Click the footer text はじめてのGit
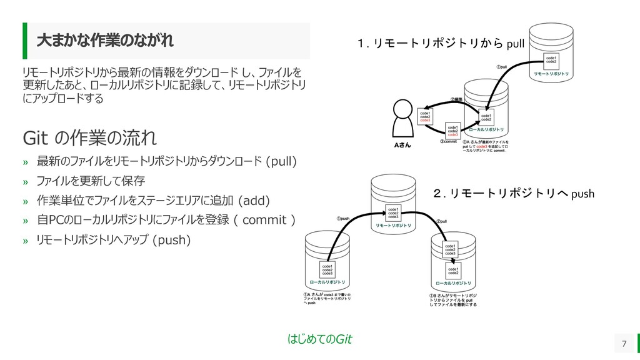(319, 339)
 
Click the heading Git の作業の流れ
(89, 136)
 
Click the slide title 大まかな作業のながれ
(105, 41)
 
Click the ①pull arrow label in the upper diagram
(501, 66)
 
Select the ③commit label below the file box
(451, 142)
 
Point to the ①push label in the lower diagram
(342, 219)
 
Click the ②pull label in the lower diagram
(442, 221)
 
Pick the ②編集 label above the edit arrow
(457, 99)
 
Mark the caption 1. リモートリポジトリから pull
(440, 43)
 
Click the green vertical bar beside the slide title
(26, 41)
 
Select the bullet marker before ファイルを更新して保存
(26, 182)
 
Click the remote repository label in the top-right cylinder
(551, 74)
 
